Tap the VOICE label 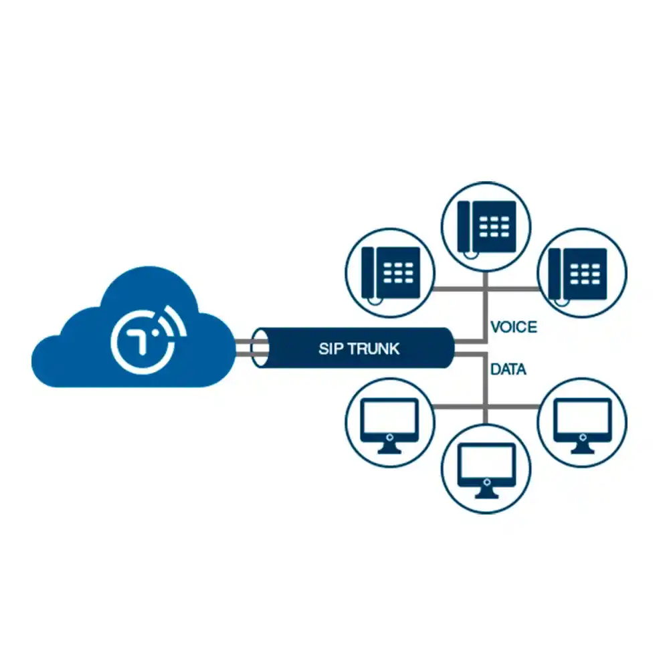513,327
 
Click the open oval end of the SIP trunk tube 260,348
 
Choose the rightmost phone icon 581,272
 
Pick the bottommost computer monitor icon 486,469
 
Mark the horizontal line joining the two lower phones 486,289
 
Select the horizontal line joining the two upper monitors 486,407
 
